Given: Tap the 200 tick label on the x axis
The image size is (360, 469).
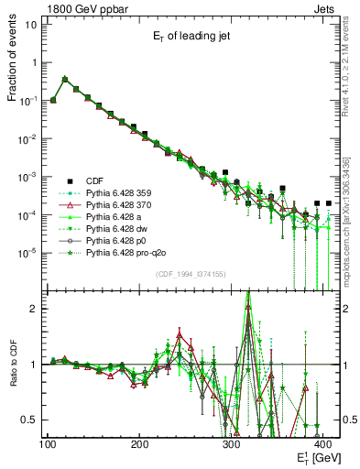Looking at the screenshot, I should pos(140,443).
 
